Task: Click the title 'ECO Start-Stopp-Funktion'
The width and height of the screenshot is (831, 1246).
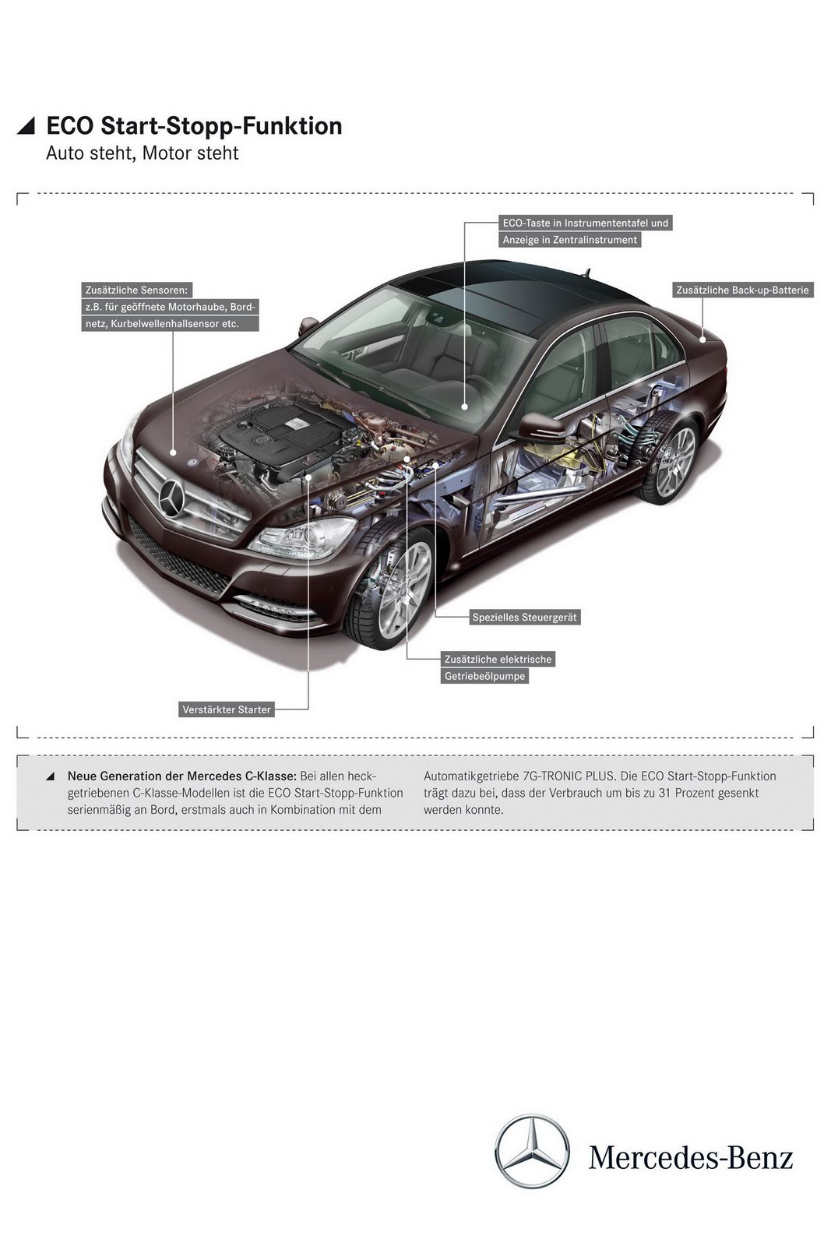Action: pos(194,126)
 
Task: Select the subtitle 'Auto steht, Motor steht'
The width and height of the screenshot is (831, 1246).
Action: pos(142,153)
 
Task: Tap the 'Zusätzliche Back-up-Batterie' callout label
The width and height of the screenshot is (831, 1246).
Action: pos(742,290)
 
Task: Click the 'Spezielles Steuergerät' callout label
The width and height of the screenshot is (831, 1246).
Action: pos(524,618)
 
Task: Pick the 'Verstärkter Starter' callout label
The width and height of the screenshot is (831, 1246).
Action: pos(226,709)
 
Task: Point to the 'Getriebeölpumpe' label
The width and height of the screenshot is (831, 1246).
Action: pos(484,676)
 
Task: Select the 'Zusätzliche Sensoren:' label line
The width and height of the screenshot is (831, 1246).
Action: pos(137,290)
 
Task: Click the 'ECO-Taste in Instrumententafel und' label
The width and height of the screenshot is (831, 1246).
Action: pos(585,223)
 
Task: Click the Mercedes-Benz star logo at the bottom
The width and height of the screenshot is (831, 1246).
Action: pos(533,1151)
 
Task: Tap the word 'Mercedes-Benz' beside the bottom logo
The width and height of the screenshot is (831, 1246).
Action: pos(691,1157)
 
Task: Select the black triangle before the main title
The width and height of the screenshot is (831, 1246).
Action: pos(26,126)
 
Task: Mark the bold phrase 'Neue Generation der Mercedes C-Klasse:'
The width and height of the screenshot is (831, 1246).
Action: pos(181,776)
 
